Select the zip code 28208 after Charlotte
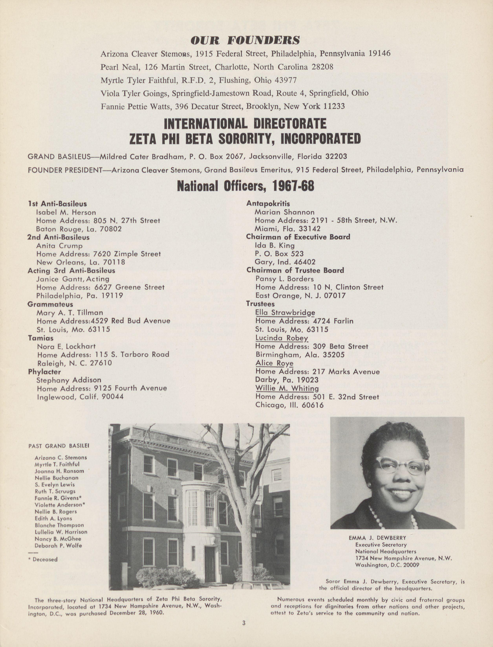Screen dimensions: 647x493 322,67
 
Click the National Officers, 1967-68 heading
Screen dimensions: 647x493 245,186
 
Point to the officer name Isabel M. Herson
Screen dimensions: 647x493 66,212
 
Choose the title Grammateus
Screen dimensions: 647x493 50,304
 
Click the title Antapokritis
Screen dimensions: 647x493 268,203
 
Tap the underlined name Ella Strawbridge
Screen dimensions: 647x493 285,313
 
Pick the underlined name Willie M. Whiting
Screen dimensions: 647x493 287,388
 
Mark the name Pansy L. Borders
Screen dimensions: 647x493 284,279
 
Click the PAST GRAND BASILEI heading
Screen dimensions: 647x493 59,446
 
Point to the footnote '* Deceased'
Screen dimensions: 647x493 43,559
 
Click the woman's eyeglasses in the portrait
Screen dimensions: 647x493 403,466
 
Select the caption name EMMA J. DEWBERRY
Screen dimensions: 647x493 377,538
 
